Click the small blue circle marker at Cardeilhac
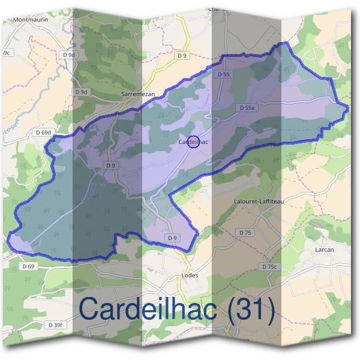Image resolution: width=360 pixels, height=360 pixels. pyautogui.click(x=193, y=142)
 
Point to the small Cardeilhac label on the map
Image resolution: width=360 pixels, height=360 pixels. pyautogui.click(x=194, y=142)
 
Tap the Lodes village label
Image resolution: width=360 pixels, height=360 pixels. pyautogui.click(x=189, y=275)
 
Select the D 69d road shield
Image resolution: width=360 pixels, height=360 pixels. pyautogui.click(x=44, y=132)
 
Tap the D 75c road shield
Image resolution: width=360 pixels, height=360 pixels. pyautogui.click(x=271, y=266)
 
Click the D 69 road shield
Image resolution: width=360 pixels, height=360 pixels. pyautogui.click(x=28, y=266)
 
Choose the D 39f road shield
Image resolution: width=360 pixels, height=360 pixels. pyautogui.click(x=55, y=325)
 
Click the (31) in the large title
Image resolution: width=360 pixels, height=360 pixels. pyautogui.click(x=247, y=310)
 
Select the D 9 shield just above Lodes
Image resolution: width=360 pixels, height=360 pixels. pyautogui.click(x=173, y=238)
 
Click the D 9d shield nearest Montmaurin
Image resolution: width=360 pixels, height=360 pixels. pyautogui.click(x=68, y=55)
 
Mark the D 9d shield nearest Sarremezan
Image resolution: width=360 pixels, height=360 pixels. pyautogui.click(x=82, y=92)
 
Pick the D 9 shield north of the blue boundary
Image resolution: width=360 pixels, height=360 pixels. pyautogui.click(x=183, y=55)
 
